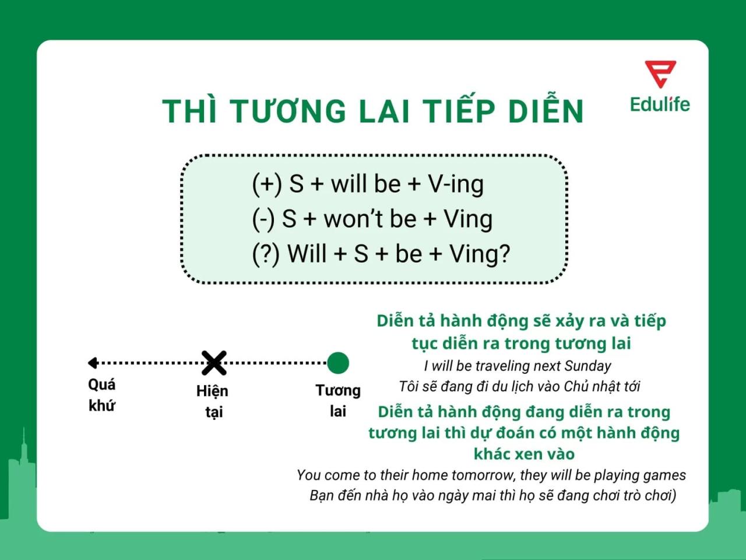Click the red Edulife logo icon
coord(660,73)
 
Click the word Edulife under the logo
coord(660,104)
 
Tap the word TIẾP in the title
coord(459,110)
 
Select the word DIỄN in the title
coord(546,110)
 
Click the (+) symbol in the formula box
coord(267,184)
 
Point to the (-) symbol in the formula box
coord(263,219)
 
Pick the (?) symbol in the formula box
coord(266,254)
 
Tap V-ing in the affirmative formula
coord(456,184)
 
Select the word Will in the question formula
coord(307,254)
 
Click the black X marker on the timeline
coord(214,363)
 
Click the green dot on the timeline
coord(338,363)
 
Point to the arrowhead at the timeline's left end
coord(92,363)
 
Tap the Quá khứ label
coord(102,395)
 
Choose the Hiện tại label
coord(213,401)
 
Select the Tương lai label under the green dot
coord(338,401)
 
